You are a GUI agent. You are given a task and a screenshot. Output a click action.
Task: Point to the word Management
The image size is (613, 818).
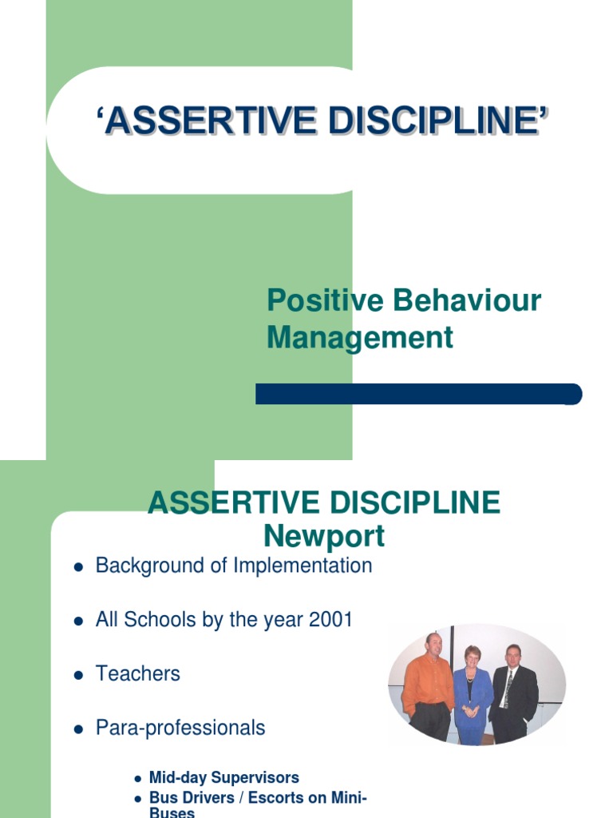pos(360,337)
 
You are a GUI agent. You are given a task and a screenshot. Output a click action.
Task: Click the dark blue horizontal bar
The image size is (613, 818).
pos(418,394)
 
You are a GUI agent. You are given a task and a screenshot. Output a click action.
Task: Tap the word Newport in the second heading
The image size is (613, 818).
pos(324,536)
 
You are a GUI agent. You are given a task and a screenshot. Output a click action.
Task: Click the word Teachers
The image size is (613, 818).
pos(138,673)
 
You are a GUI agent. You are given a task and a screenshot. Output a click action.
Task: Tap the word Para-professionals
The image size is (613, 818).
pos(180,728)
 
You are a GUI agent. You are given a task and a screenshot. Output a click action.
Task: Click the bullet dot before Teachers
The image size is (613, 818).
pos(78,675)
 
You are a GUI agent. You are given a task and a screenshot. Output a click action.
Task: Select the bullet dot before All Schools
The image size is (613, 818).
pos(78,621)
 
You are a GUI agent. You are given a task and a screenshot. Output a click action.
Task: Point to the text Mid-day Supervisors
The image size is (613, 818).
pos(224,777)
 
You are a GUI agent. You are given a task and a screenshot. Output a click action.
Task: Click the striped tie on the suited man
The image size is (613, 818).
pos(508,689)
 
